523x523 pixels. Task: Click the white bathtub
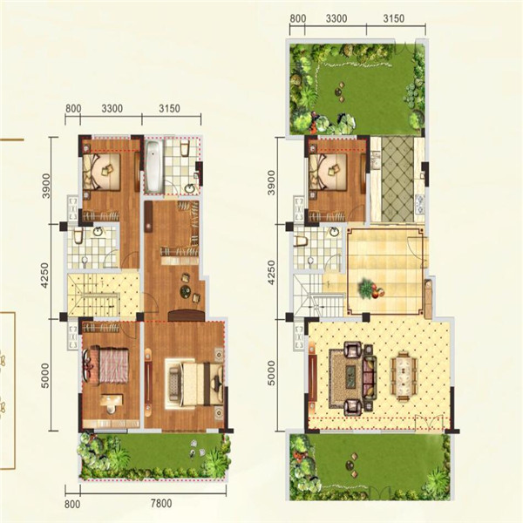(x=153, y=166)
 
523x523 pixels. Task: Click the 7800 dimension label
(x=161, y=503)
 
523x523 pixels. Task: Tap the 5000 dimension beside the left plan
(x=44, y=375)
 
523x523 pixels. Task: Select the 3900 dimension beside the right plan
(x=272, y=182)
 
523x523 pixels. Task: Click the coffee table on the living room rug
(x=350, y=377)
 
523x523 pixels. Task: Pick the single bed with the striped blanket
(x=106, y=365)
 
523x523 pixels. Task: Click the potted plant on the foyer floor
(x=370, y=289)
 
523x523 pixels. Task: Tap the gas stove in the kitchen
(x=419, y=204)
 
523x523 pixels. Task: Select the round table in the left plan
(x=185, y=291)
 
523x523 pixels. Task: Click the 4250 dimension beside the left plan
(x=44, y=275)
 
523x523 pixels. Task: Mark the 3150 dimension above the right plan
(x=394, y=18)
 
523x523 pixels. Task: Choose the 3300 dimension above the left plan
(x=112, y=109)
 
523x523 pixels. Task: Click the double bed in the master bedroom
(x=195, y=384)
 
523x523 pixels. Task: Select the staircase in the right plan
(x=318, y=295)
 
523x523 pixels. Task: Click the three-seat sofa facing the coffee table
(x=370, y=377)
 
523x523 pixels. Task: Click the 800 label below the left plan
(x=72, y=504)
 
